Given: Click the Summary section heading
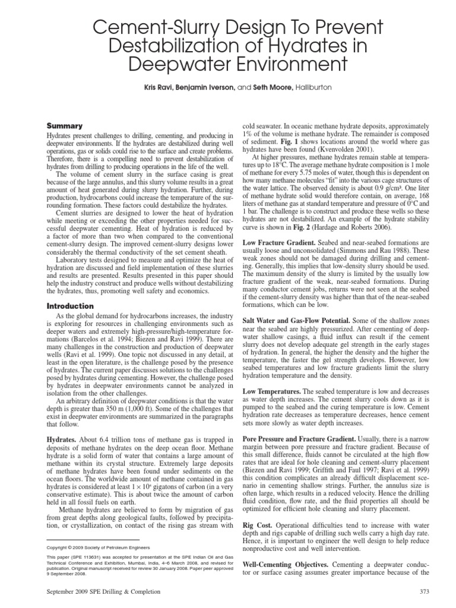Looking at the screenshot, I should (x=65, y=126).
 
